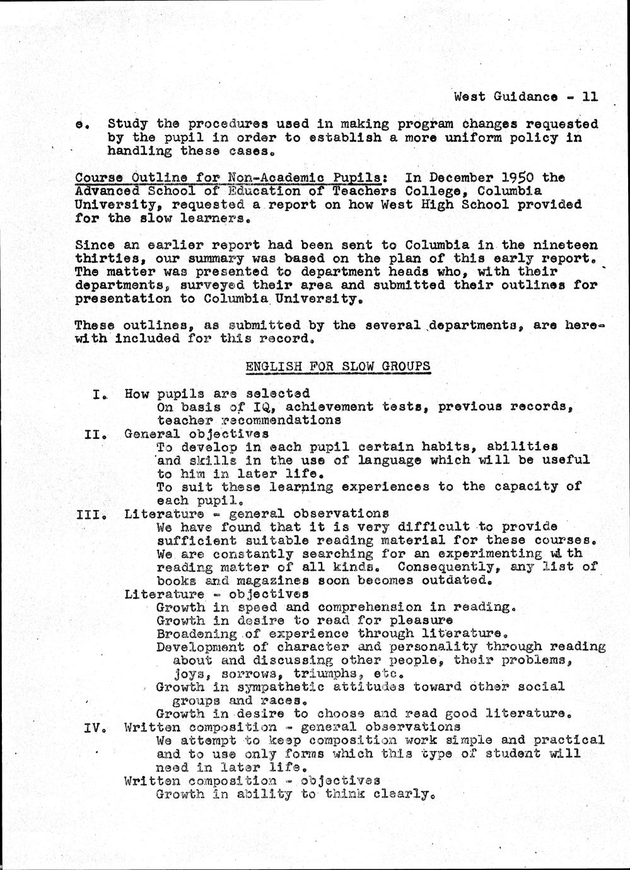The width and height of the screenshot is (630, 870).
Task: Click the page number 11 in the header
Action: pyautogui.click(x=590, y=97)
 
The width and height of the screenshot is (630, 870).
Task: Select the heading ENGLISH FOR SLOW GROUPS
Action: pyautogui.click(x=338, y=366)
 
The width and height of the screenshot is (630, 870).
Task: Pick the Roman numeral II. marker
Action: pyautogui.click(x=98, y=434)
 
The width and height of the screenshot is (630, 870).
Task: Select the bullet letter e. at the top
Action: pyautogui.click(x=80, y=125)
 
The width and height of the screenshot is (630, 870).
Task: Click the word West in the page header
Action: pyautogui.click(x=469, y=97)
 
